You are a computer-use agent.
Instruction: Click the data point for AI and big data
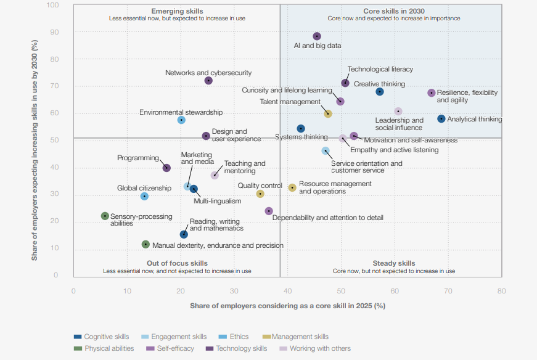pos(317,36)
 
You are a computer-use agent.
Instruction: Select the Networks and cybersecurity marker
pos(208,81)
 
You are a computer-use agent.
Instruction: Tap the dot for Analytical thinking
pos(441,119)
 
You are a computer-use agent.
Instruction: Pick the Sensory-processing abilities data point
pos(105,216)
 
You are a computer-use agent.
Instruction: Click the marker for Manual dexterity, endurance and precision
pos(146,245)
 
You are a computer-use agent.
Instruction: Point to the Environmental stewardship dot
pos(181,120)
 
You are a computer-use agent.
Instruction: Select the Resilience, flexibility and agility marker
pos(432,93)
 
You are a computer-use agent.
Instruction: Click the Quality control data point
pos(260,194)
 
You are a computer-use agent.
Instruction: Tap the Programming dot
pos(166,168)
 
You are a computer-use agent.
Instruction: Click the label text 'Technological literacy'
pos(380,70)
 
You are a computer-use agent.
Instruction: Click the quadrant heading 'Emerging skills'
pos(177,11)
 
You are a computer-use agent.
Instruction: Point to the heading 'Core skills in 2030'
pos(394,11)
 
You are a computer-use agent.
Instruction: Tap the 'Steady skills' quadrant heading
pos(394,263)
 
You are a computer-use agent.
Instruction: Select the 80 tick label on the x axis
pos(501,290)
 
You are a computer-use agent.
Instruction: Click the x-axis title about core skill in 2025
pos(287,306)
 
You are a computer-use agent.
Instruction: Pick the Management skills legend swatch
pos(267,337)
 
